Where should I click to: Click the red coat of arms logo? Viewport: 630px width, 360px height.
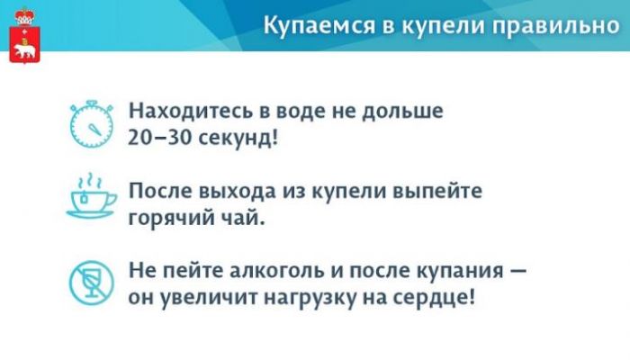[24, 35]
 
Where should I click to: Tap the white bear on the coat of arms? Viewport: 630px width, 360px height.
[24, 50]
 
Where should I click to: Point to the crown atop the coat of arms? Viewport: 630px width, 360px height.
[24, 16]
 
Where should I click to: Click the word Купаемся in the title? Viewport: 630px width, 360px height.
[319, 26]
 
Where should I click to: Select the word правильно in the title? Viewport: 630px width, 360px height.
[556, 26]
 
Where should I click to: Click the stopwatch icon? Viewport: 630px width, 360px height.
[91, 124]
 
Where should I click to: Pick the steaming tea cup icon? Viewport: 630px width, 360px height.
[92, 196]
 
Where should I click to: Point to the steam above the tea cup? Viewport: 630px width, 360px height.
[90, 181]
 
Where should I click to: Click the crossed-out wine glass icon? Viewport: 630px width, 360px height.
[91, 283]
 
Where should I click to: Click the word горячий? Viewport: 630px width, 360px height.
[172, 219]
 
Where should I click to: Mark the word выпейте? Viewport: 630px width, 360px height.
[437, 191]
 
